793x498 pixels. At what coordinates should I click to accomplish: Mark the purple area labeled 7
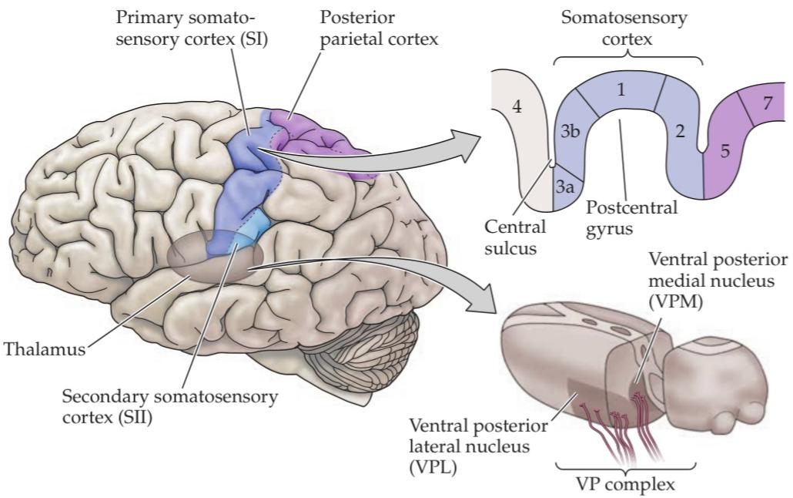tap(768, 103)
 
